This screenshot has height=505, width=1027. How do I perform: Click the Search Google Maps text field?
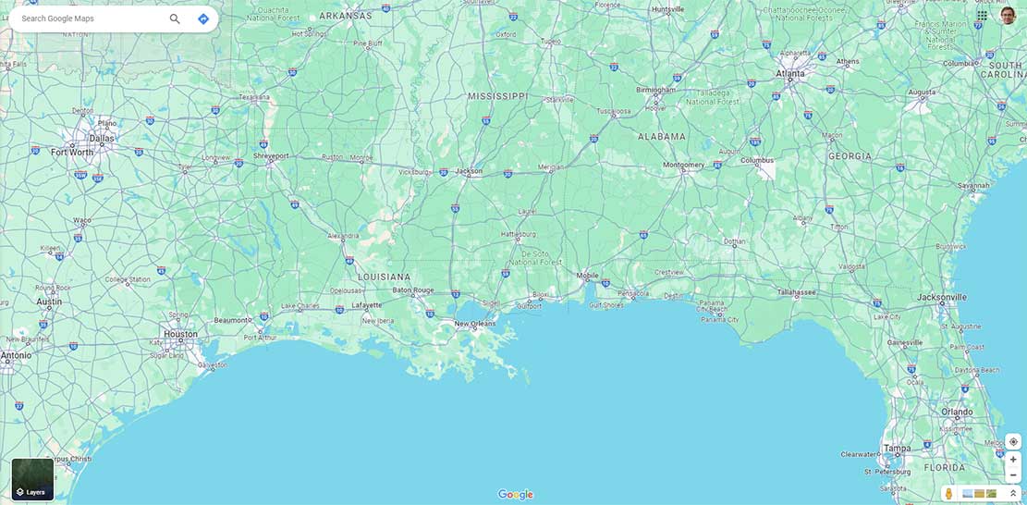point(88,18)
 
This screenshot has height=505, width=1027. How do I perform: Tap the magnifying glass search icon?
point(175,18)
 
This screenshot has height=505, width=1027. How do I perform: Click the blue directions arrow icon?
point(203,18)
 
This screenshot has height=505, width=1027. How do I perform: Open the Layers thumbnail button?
point(32,479)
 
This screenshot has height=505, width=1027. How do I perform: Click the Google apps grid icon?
point(982,16)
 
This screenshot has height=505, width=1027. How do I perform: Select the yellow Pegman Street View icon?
point(948,494)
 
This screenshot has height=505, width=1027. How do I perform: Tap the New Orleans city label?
point(475,324)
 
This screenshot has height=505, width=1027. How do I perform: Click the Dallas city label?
point(102,139)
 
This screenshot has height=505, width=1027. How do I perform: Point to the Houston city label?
point(180,334)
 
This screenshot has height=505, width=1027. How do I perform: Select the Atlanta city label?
point(790,73)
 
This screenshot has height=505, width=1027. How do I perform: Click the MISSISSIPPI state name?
point(497,96)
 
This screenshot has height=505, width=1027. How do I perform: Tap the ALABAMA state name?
point(662,136)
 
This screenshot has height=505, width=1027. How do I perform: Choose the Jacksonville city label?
point(942,297)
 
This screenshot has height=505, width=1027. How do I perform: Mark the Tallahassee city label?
point(796,292)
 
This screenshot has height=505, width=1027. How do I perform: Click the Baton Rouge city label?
point(412,289)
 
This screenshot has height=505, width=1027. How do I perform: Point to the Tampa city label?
point(897,449)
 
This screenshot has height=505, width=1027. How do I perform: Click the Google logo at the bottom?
point(515,494)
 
